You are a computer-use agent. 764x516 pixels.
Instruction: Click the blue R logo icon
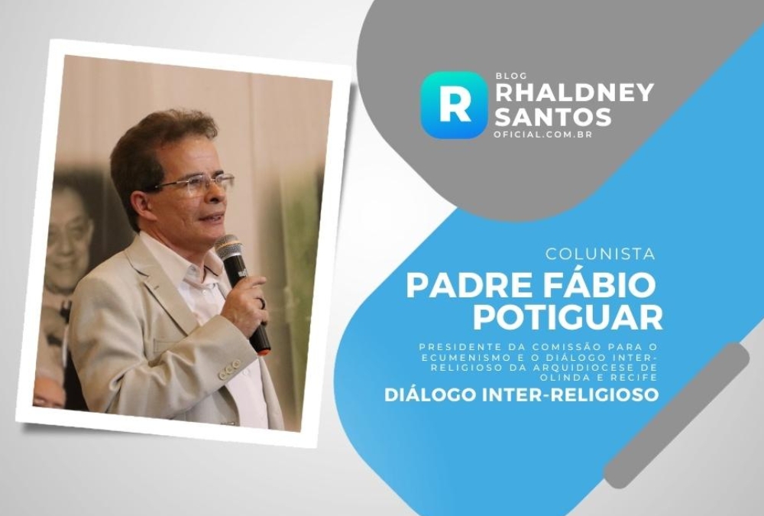click(x=454, y=105)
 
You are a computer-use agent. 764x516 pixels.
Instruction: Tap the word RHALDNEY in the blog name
click(x=574, y=92)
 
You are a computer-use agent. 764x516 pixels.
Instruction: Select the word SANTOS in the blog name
click(x=553, y=116)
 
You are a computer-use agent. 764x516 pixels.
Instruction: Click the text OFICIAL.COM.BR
click(x=543, y=134)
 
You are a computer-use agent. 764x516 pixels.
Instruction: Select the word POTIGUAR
click(x=568, y=318)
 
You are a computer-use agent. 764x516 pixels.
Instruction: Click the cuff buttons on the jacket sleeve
click(x=228, y=370)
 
